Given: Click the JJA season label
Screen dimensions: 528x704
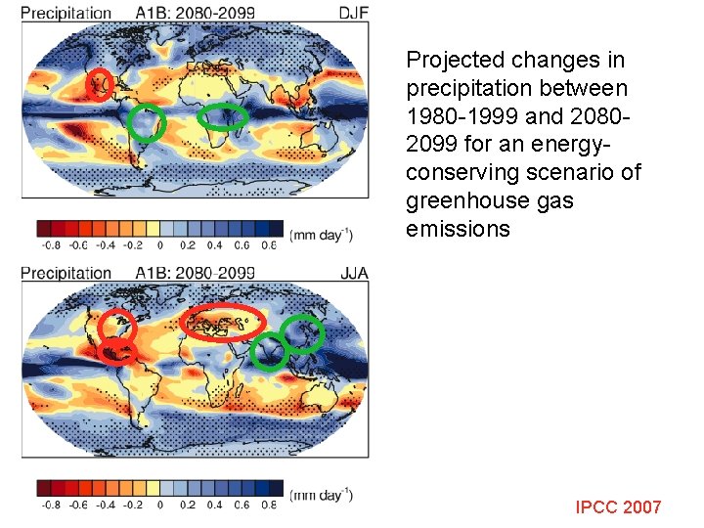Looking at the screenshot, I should click(353, 273).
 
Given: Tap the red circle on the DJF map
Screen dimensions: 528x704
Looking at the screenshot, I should click(100, 85).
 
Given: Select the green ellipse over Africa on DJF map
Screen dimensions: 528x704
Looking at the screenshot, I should click(224, 117).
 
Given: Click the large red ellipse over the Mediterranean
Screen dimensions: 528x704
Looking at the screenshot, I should click(224, 323).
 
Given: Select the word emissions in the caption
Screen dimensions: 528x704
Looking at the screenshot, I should click(458, 230).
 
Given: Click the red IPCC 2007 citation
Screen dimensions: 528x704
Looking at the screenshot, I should click(618, 506).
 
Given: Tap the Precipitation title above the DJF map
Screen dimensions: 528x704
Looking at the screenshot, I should click(66, 13).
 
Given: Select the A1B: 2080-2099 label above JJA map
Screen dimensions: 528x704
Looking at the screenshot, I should click(196, 273).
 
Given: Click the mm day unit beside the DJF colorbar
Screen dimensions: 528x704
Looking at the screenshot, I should click(323, 234).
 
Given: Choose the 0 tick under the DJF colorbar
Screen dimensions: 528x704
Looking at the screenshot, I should click(159, 245).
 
